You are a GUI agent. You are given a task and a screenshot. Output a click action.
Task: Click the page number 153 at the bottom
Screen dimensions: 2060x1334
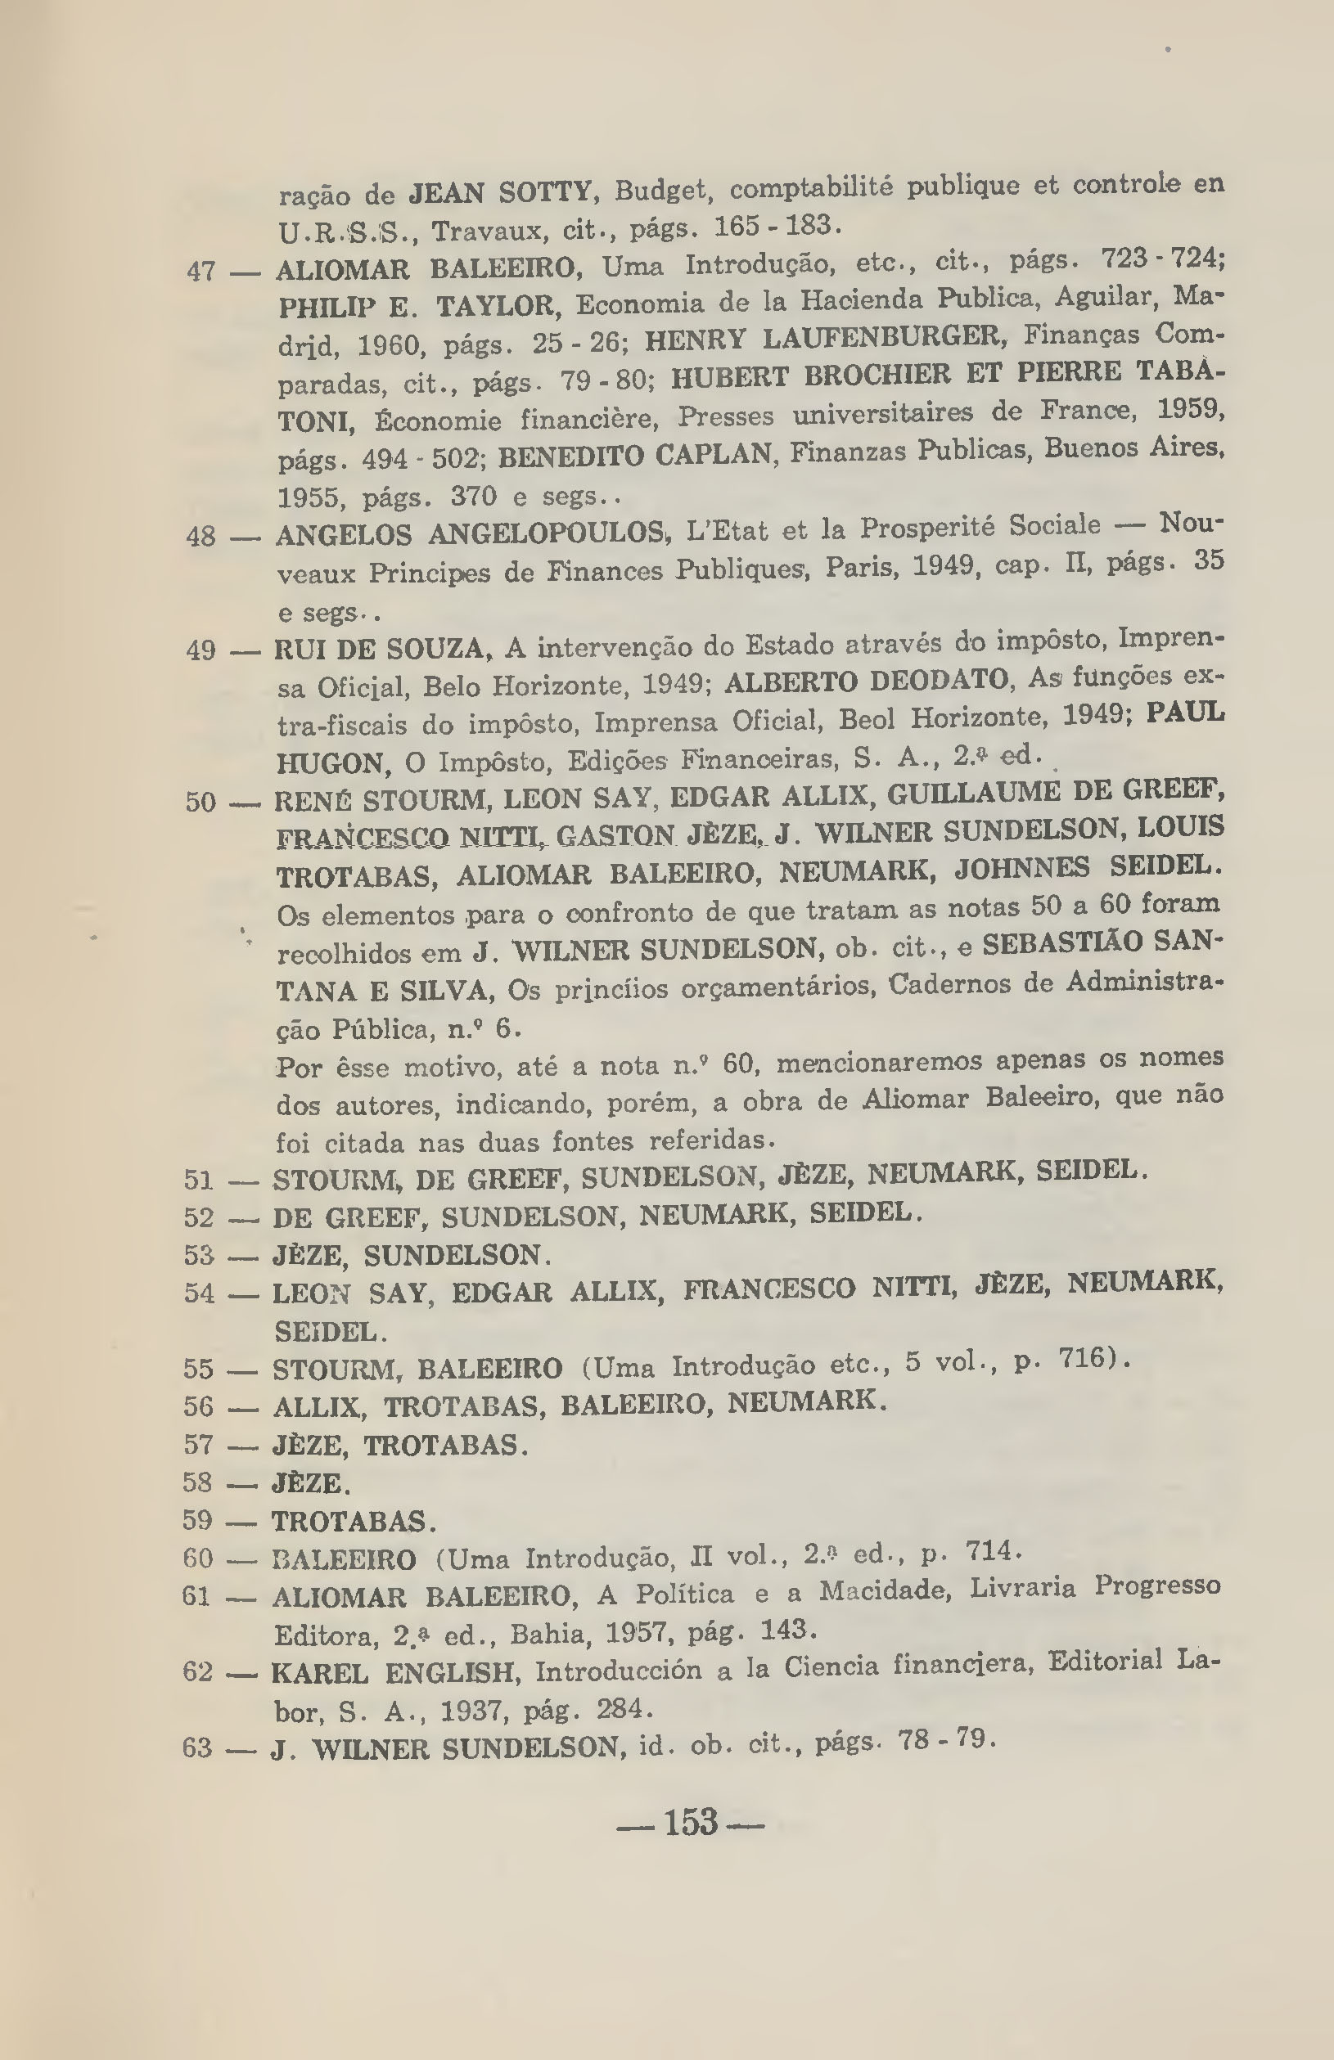point(691,1822)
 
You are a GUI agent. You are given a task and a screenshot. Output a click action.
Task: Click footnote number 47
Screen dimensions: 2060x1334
point(201,271)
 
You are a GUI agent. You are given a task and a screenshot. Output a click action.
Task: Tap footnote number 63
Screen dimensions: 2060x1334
point(197,1747)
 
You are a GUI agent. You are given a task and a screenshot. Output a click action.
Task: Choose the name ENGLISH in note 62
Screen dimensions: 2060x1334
point(452,1672)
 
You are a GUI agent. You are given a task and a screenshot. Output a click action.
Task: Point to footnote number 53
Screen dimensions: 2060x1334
point(199,1254)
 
